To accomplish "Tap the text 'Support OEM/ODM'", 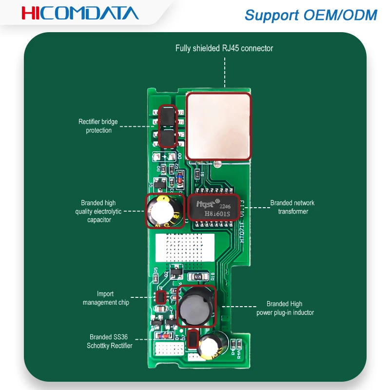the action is pyautogui.click(x=311, y=15).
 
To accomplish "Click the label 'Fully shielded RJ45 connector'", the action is pyautogui.click(x=224, y=48).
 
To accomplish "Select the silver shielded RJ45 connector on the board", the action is pyautogui.click(x=219, y=126).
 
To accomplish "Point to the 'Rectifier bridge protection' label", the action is pyautogui.click(x=98, y=126).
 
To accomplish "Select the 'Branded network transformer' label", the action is pyautogui.click(x=292, y=207).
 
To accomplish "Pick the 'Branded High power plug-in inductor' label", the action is pyautogui.click(x=285, y=308).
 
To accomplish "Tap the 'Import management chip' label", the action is pyautogui.click(x=105, y=298).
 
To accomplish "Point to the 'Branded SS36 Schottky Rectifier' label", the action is pyautogui.click(x=111, y=341).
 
